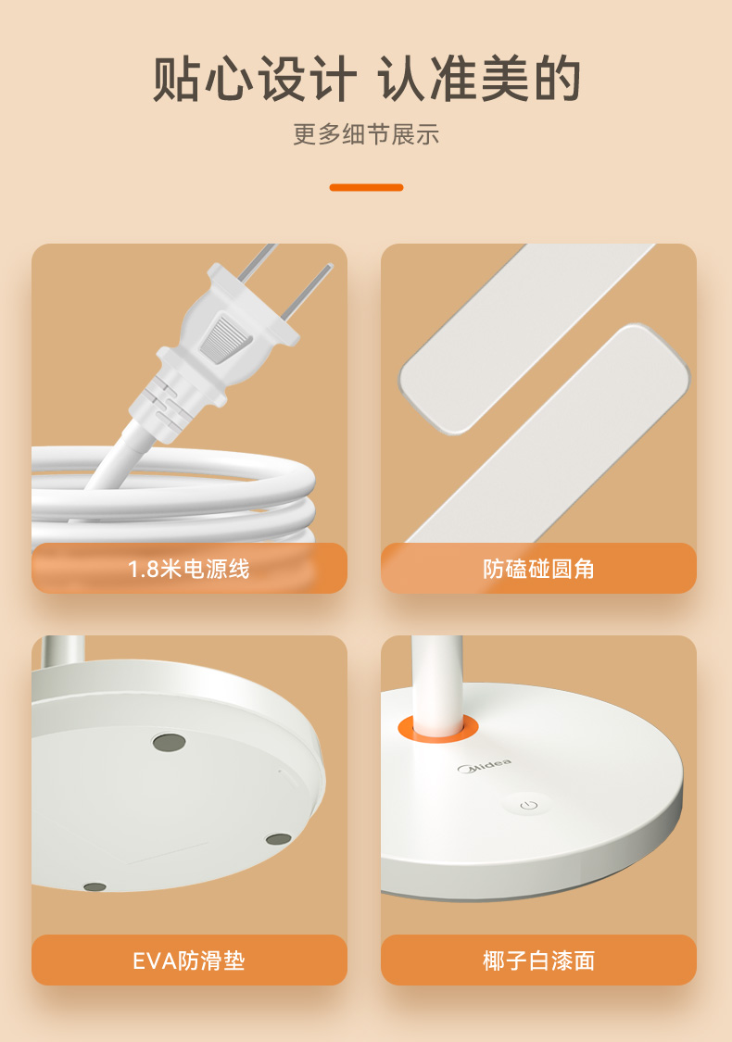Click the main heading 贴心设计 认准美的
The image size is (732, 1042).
[366, 79]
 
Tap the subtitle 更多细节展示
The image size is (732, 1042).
[366, 134]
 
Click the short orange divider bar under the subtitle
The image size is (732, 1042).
[366, 187]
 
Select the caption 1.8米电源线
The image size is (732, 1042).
[189, 569]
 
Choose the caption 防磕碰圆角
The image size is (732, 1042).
[538, 569]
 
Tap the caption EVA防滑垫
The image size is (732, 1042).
[189, 960]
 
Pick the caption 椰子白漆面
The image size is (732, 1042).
[538, 960]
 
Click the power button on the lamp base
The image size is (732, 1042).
[528, 806]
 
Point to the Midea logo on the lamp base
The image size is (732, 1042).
[484, 766]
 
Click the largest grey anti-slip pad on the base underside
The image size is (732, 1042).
[169, 742]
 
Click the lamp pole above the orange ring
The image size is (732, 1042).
[436, 678]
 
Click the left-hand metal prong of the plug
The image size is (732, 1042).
[257, 261]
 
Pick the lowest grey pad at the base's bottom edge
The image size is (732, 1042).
[95, 886]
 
